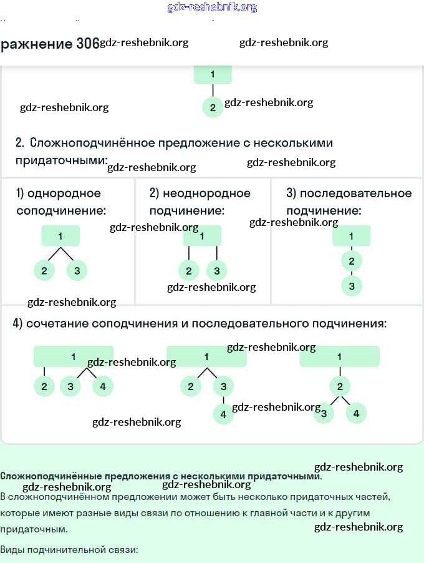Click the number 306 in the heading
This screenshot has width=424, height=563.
click(x=87, y=44)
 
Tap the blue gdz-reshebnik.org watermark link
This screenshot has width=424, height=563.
click(x=212, y=7)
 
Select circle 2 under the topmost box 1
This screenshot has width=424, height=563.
click(x=213, y=107)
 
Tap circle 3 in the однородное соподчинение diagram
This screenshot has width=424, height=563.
click(x=77, y=271)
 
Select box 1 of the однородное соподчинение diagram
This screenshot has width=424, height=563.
click(x=60, y=236)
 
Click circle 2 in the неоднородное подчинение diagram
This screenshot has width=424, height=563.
click(x=188, y=271)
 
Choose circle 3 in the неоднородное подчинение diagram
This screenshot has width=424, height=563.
click(x=216, y=271)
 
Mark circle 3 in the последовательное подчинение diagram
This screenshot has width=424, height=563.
click(x=352, y=286)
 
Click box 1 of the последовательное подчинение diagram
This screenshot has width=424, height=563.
click(x=352, y=236)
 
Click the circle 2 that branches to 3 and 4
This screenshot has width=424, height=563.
click(x=340, y=387)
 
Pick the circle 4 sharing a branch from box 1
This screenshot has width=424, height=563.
click(x=103, y=387)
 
